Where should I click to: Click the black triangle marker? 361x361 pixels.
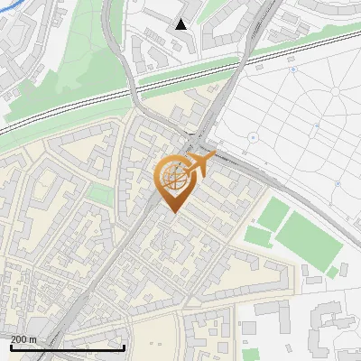181,24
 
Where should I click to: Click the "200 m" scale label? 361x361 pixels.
23,338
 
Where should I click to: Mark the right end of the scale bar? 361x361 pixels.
124,347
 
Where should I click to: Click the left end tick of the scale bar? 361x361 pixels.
11,347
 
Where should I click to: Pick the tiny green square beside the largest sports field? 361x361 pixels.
331,272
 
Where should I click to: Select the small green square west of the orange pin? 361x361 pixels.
100,195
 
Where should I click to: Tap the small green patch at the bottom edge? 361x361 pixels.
250,355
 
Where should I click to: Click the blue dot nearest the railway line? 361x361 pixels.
292,69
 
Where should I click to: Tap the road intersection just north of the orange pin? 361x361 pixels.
190,144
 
